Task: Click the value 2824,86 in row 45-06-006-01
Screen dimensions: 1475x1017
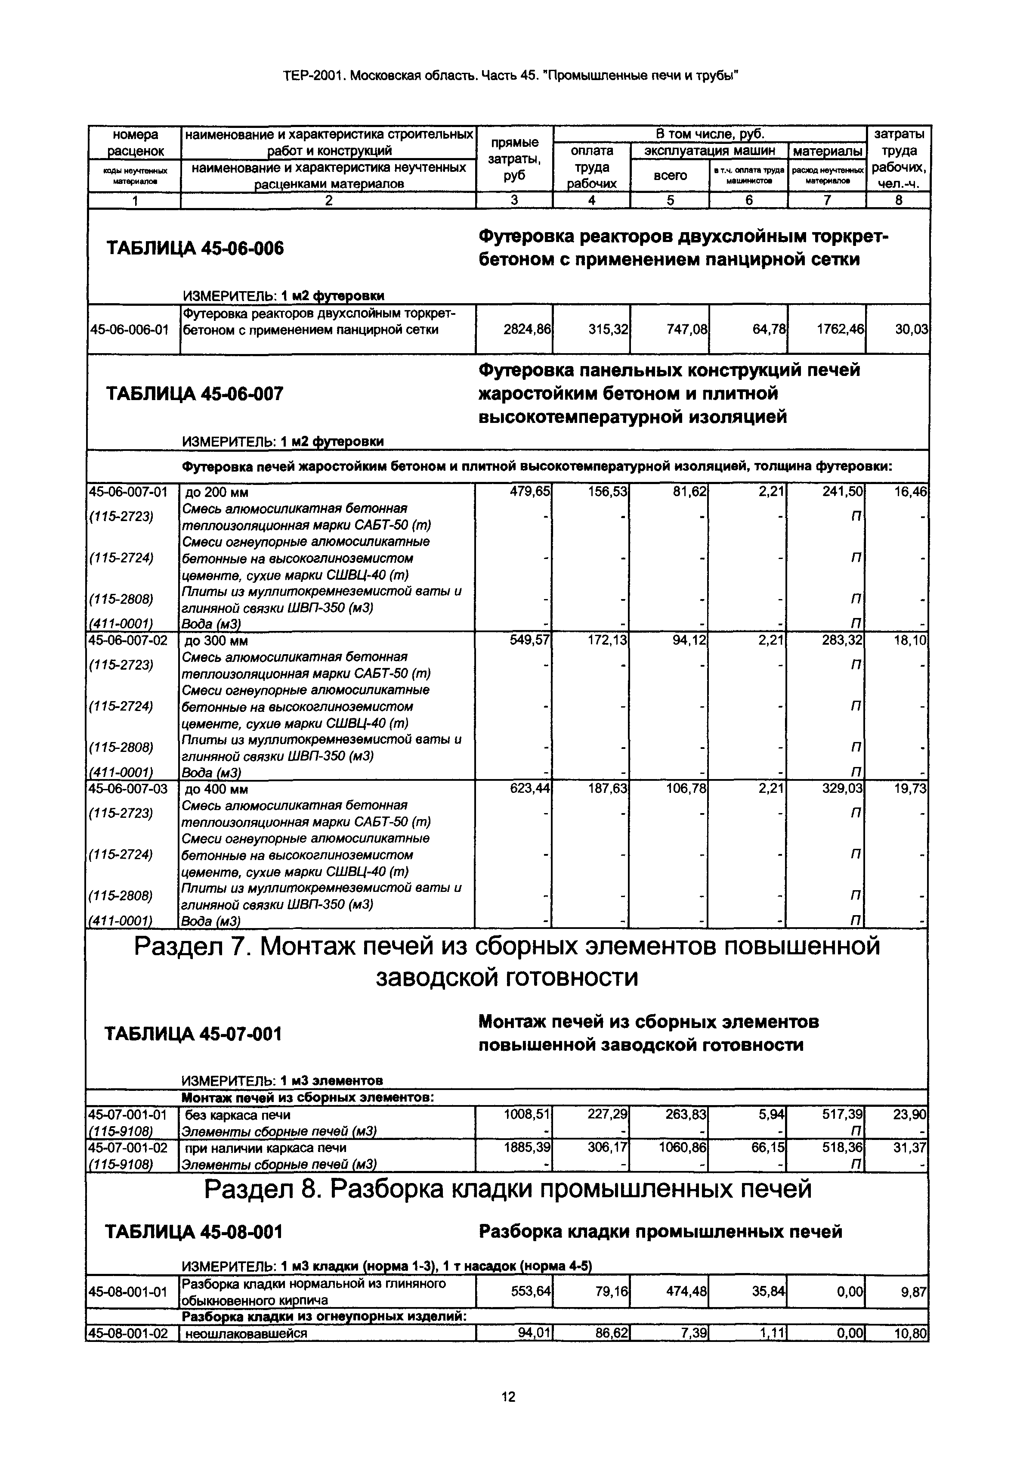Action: coord(526,329)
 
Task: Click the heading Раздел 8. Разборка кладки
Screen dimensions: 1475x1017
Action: coord(507,1189)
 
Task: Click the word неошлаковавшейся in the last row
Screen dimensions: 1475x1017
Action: coord(246,1333)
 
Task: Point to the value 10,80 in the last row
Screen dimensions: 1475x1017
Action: coord(911,1333)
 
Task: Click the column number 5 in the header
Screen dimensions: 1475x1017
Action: coord(670,200)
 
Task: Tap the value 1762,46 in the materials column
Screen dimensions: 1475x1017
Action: coord(840,329)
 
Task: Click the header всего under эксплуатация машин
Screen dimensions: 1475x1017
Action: coord(670,175)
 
